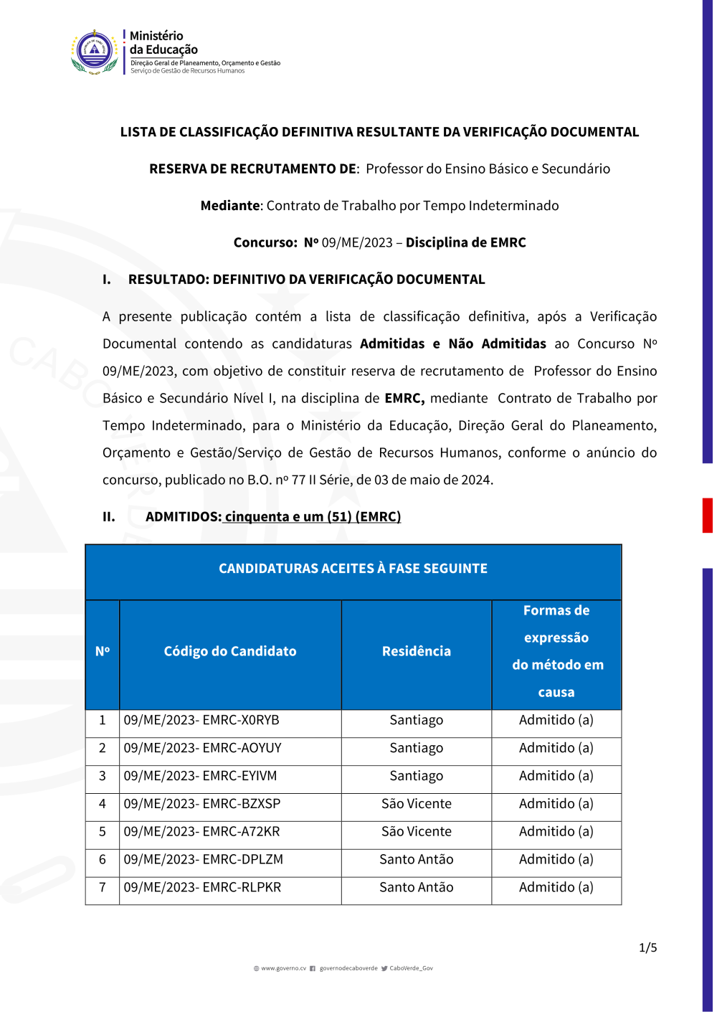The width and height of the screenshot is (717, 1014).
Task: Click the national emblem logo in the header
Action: point(95,51)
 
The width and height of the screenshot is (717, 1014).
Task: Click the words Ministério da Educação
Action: point(163,43)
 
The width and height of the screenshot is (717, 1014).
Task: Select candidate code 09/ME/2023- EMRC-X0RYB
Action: point(201,721)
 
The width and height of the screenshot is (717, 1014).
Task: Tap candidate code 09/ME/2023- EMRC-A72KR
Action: point(201,832)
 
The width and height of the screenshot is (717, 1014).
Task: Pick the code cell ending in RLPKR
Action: point(202,888)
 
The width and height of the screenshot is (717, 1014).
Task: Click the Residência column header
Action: point(417,652)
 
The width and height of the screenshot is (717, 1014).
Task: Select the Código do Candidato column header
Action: point(230,652)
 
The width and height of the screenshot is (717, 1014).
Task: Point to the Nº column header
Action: point(103,652)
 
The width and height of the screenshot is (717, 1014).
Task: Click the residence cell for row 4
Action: point(417,804)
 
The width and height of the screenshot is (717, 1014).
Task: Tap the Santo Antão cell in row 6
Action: point(417,860)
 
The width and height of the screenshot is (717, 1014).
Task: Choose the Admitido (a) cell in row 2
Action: point(556,748)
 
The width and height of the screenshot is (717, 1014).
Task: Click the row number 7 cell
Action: point(103,888)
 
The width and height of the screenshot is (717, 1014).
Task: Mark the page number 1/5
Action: point(647,948)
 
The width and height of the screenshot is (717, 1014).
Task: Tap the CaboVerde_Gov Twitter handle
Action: point(411,969)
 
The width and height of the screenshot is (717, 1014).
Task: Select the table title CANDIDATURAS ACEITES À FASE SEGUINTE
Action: point(353,569)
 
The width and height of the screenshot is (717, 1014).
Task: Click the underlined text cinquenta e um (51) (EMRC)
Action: point(312,517)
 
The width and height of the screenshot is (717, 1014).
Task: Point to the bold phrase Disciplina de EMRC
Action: point(466,243)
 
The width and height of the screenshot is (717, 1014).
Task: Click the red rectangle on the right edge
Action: point(707,516)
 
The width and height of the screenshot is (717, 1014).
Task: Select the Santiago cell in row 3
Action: point(417,776)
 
